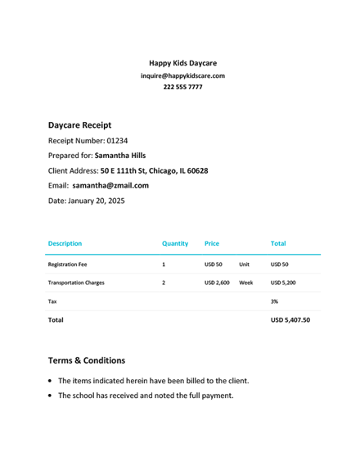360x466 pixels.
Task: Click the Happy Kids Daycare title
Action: coord(182,63)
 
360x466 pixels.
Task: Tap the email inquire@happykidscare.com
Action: coord(182,75)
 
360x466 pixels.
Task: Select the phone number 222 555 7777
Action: coord(182,87)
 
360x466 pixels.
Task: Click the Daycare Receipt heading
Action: coord(79,125)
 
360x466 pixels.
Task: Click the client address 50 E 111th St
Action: coord(154,171)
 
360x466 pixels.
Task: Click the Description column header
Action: coord(65,243)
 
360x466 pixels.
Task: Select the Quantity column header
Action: coord(175,243)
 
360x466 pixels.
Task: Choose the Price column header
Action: coord(211,243)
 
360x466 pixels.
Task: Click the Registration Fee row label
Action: coord(67,265)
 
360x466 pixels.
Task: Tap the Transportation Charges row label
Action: coord(76,283)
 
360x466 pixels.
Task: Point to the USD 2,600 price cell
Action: coord(216,283)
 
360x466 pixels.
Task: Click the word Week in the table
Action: coord(245,283)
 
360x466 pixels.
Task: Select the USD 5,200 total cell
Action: coord(283,283)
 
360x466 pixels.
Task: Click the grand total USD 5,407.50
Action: coord(290,320)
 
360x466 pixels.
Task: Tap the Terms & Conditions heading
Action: coord(87,360)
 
